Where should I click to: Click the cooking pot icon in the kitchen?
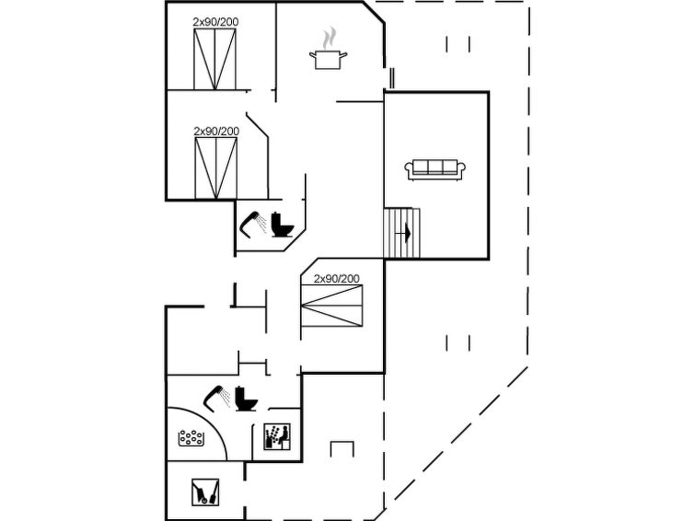click(328, 60)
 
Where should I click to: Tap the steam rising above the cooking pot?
click(329, 38)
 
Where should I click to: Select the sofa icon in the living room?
click(434, 169)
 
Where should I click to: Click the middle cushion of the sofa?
click(434, 167)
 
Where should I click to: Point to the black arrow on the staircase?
click(408, 233)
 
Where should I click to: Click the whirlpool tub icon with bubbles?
click(191, 438)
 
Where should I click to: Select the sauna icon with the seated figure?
click(277, 436)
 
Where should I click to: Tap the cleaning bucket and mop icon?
click(205, 492)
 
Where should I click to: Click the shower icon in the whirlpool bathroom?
click(216, 398)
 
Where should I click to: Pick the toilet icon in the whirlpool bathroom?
click(246, 399)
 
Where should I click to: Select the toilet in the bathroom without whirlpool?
click(283, 225)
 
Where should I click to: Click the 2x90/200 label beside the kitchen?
click(215, 22)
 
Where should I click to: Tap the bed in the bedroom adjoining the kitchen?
click(215, 59)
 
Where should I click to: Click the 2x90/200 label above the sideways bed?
click(336, 279)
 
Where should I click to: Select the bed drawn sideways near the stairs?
click(331, 306)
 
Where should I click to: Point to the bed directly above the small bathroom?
click(215, 168)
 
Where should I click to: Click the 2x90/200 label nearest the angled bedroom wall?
click(216, 132)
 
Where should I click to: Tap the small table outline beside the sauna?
click(342, 448)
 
